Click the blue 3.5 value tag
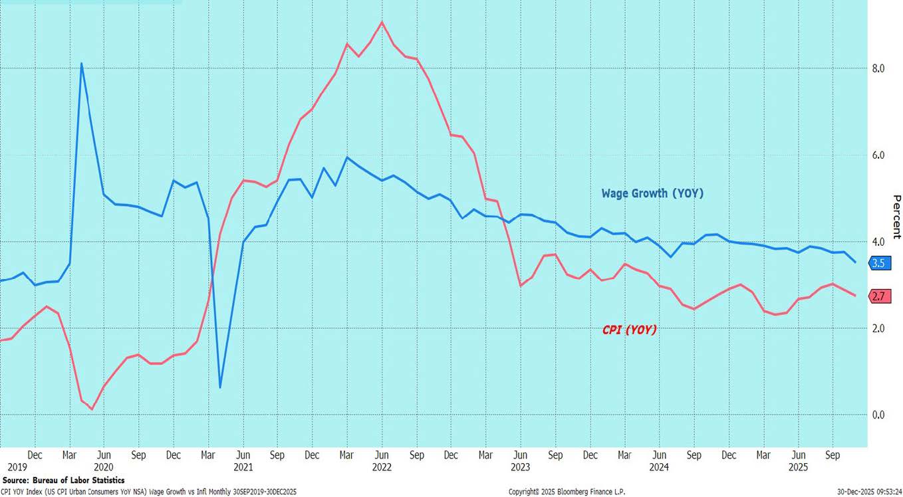[x=878, y=263]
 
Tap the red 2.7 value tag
[x=878, y=296]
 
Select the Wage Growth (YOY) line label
[x=652, y=193]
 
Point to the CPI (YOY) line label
[x=629, y=329]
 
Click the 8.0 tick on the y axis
[x=878, y=68]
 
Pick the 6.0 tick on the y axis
[x=878, y=155]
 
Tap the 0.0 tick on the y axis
[x=878, y=415]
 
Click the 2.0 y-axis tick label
[x=878, y=329]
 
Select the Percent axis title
[x=896, y=217]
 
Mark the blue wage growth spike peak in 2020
[x=81, y=64]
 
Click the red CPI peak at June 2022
[x=382, y=22]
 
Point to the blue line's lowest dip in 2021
[x=220, y=387]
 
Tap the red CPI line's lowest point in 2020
[x=92, y=409]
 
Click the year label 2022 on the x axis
[x=382, y=467]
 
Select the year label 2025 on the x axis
[x=798, y=467]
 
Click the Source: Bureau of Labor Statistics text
[x=63, y=480]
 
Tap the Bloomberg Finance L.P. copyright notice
[x=567, y=492]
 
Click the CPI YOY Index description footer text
[x=148, y=492]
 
